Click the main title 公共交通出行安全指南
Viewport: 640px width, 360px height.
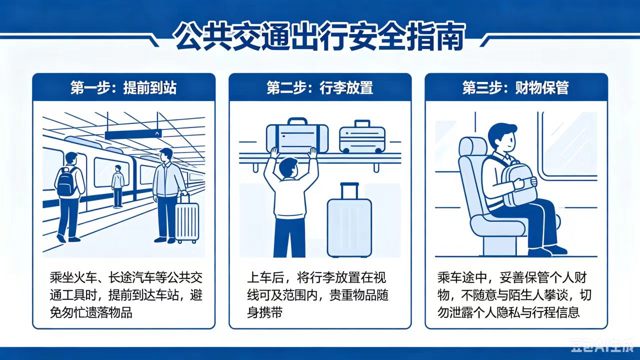click(319, 37)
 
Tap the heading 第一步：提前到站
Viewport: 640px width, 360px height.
click(123, 87)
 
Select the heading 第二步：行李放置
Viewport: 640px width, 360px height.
click(319, 87)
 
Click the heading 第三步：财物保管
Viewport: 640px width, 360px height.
click(515, 87)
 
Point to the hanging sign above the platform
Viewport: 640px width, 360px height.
click(133, 134)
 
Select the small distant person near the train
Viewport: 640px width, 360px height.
click(117, 186)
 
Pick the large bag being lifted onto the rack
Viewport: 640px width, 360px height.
click(297, 137)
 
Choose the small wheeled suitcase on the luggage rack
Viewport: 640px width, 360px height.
click(362, 137)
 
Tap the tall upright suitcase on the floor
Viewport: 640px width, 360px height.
click(349, 220)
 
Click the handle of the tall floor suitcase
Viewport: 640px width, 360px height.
click(349, 191)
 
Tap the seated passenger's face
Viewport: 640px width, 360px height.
click(506, 140)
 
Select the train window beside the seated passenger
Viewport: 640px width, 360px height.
click(568, 145)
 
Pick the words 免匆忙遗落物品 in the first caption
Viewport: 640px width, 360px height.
click(91, 312)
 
